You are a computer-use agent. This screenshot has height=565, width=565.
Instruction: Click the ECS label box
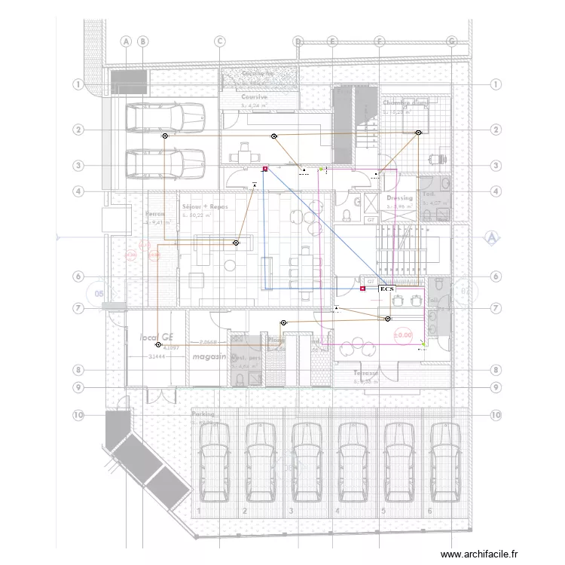click(x=386, y=289)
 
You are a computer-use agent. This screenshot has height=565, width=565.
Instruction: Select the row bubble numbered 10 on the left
click(x=78, y=414)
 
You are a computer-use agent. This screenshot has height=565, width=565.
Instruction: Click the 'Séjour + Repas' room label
click(x=205, y=206)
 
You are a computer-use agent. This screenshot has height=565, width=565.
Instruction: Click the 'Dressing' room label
click(x=400, y=198)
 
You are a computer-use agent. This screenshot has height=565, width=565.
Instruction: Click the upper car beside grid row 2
click(x=165, y=118)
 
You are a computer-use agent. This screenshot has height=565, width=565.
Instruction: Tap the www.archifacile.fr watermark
click(x=479, y=554)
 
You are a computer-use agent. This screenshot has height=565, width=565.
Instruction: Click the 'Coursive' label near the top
click(x=254, y=97)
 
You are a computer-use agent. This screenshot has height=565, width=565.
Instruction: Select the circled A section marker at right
click(x=492, y=238)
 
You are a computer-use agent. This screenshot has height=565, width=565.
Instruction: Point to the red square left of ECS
click(x=362, y=289)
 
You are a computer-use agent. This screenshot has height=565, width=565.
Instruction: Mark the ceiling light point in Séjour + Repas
click(x=236, y=243)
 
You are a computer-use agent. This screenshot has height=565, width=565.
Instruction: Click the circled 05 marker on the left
click(x=98, y=293)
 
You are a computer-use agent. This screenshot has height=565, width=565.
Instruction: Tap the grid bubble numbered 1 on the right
click(x=495, y=84)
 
